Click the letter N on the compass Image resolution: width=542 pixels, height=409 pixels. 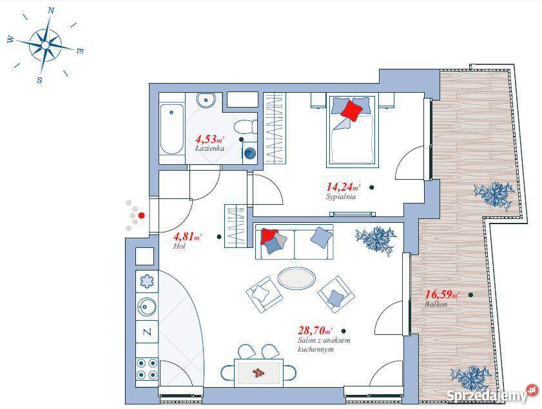pyautogui.click(x=51, y=10)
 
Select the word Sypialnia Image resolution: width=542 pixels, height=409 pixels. pyautogui.click(x=341, y=197)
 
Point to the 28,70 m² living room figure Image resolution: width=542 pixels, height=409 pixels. pyautogui.click(x=315, y=330)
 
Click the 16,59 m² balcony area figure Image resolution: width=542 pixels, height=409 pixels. pyautogui.click(x=441, y=294)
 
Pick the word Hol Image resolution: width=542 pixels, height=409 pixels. pyautogui.click(x=179, y=246)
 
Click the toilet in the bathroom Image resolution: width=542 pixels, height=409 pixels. pyautogui.click(x=246, y=127)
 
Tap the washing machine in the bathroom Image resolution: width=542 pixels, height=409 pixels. pyautogui.click(x=250, y=153)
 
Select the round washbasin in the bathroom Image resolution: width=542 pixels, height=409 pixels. pyautogui.click(x=206, y=100)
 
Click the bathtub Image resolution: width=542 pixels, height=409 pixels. pyautogui.click(x=172, y=129)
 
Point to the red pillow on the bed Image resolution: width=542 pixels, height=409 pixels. pyautogui.click(x=351, y=110)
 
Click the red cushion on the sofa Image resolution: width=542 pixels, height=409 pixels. pyautogui.click(x=269, y=236)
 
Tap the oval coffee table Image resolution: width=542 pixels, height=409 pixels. pyautogui.click(x=296, y=278)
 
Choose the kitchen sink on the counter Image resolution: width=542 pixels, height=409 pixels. pyautogui.click(x=147, y=307)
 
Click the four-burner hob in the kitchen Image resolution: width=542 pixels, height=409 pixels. pyautogui.click(x=147, y=368)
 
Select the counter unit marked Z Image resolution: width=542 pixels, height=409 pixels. pyautogui.click(x=147, y=332)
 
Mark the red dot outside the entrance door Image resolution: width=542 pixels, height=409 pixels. pyautogui.click(x=141, y=216)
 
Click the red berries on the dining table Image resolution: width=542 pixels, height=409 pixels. pyautogui.click(x=258, y=372)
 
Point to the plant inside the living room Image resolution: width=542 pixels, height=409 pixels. pyautogui.click(x=376, y=239)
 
